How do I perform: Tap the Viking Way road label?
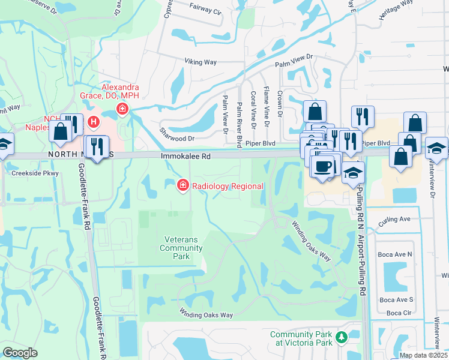point(200,61)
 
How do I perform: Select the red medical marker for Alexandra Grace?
point(122,109)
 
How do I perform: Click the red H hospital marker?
point(94,122)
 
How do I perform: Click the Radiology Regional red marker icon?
point(182,185)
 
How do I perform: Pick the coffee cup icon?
point(323,166)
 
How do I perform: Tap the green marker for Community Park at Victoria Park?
point(342,338)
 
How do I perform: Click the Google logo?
point(20,352)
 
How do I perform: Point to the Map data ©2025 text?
point(423,355)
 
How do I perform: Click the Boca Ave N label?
point(395,254)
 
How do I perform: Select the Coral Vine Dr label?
point(253,109)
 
